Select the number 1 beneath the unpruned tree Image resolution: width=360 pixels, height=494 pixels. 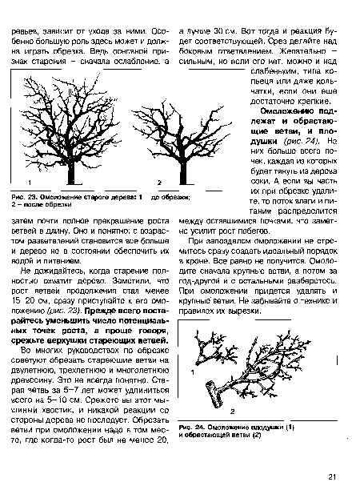(x=30, y=183)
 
